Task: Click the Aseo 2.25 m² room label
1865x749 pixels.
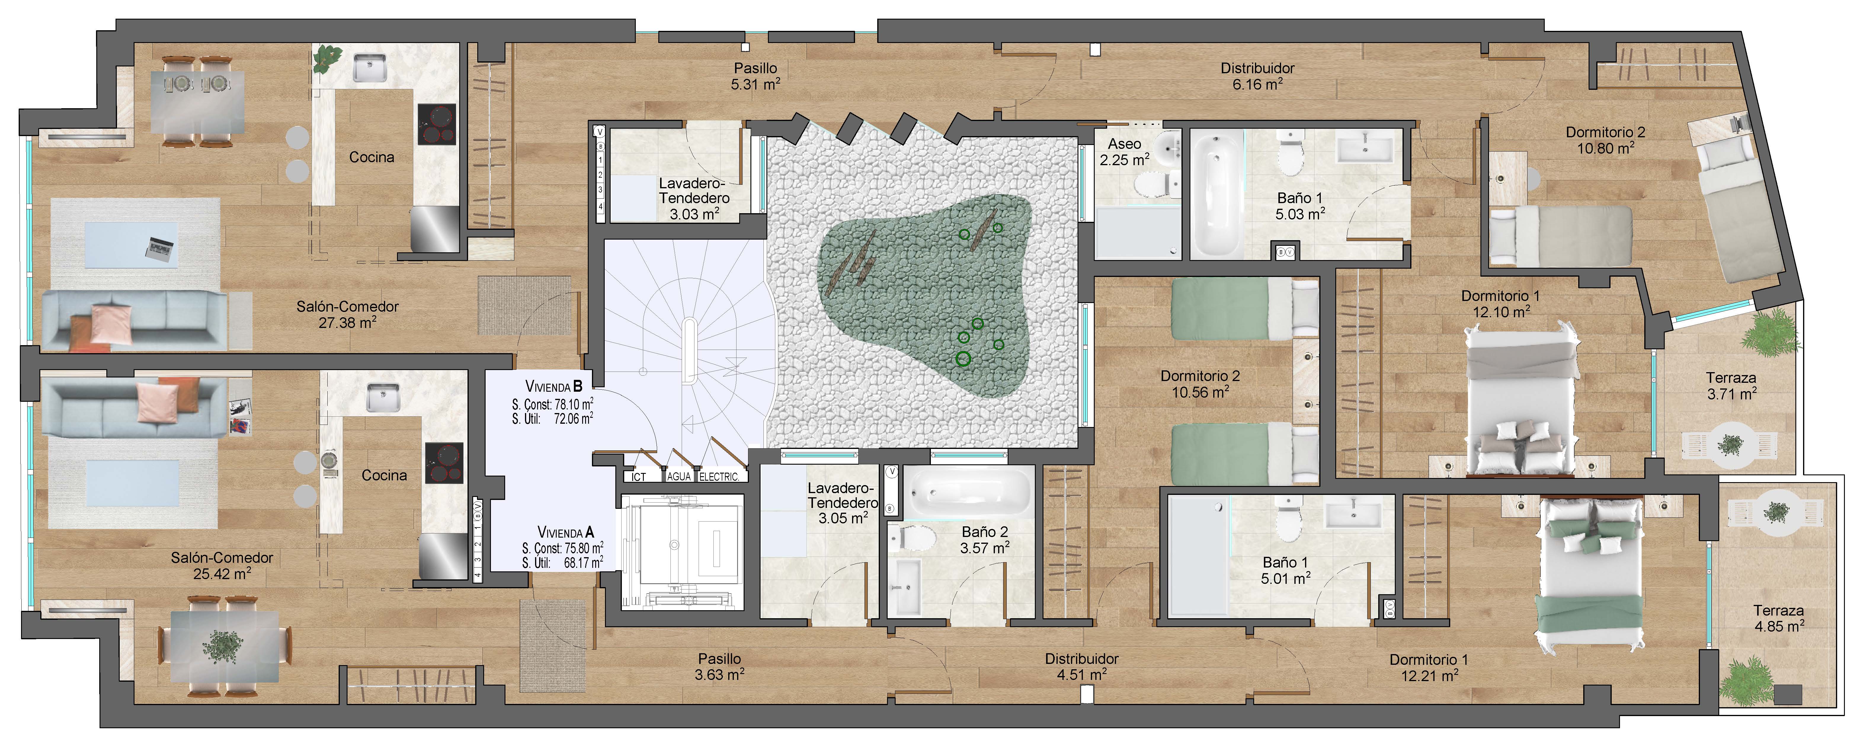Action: click(1124, 152)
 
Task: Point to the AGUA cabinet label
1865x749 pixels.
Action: click(679, 477)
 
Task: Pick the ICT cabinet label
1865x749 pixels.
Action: click(638, 477)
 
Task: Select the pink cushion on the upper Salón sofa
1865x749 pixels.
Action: click(111, 324)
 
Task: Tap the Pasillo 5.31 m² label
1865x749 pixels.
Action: click(755, 75)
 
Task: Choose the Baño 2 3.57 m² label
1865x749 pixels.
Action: click(984, 540)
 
